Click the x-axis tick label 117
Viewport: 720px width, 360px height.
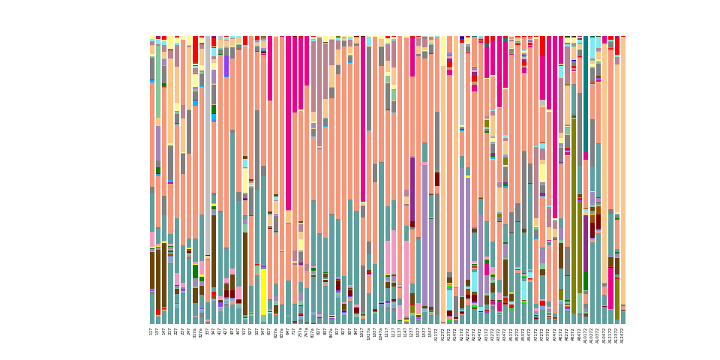pos(152,331)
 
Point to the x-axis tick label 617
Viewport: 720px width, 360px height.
pos(269,331)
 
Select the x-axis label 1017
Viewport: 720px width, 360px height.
pos(362,332)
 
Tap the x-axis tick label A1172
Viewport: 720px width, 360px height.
pos(437,334)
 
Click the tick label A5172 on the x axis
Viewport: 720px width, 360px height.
pos(511,334)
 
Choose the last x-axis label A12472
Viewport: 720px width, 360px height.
pos(622,335)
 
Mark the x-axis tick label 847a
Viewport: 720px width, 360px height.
pos(331,332)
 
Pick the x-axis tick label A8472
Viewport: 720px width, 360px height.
pos(580,334)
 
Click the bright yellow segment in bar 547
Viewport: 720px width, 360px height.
pos(263,292)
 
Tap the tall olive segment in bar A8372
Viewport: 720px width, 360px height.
pos(574,210)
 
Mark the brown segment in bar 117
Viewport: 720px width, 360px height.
pos(152,270)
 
